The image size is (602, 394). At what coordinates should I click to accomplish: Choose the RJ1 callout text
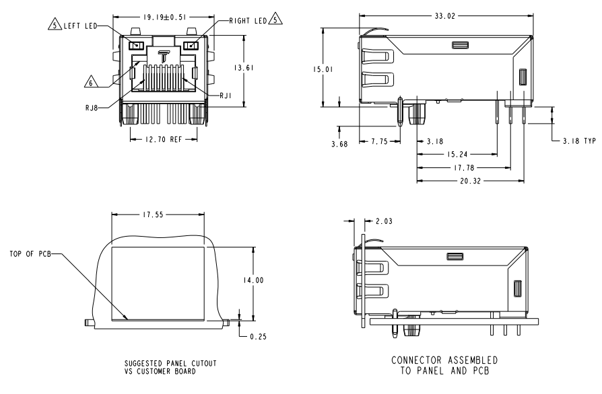click(x=226, y=96)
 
